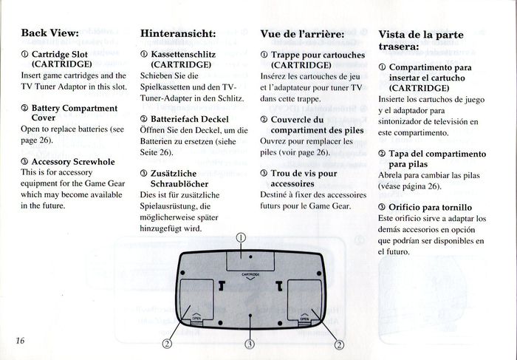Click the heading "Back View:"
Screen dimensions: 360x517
click(x=49, y=33)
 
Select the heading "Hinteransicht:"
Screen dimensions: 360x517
click(x=178, y=33)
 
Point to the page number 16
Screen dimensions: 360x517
click(x=18, y=339)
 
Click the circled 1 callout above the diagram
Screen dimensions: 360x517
click(x=242, y=238)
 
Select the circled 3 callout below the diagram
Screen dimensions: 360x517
click(x=250, y=344)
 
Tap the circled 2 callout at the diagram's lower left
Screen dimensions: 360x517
click(x=168, y=344)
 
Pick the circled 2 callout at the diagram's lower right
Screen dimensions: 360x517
click(x=340, y=344)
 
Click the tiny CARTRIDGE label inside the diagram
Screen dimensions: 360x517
click(x=250, y=274)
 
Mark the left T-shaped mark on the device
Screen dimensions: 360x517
click(x=222, y=285)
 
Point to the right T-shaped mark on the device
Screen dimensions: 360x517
click(x=279, y=285)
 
